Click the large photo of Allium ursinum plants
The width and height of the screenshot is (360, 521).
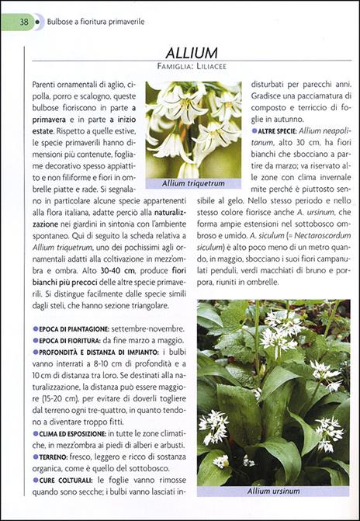pos(273,392)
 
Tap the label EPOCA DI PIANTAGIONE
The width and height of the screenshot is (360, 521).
pos(74,329)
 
